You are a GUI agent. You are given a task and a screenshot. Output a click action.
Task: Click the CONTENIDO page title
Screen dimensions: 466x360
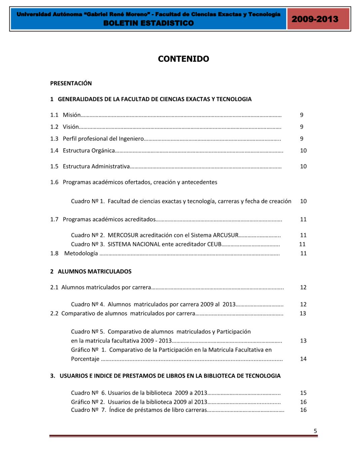tap(183, 59)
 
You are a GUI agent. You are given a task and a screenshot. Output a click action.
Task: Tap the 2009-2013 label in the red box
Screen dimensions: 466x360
tap(315, 19)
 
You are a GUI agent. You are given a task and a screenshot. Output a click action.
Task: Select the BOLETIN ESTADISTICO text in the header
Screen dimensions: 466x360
tap(149, 23)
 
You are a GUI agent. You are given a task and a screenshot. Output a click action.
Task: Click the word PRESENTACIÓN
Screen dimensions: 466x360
tap(71, 83)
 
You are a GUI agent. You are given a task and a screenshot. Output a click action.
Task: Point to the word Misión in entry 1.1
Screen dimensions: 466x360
tap(72, 115)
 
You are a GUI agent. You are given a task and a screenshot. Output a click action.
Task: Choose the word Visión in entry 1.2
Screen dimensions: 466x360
tap(71, 127)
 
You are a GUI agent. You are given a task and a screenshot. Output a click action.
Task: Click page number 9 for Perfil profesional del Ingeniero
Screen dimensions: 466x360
tap(302, 139)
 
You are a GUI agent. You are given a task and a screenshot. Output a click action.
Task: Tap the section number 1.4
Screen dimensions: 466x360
tap(54, 151)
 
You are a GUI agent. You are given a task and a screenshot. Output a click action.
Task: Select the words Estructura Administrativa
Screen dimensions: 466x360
tap(96, 166)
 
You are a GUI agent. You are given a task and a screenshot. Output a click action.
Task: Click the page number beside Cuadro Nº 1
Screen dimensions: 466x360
tap(303, 201)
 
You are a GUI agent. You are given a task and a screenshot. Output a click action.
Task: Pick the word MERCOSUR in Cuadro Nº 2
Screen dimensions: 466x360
tap(123, 235)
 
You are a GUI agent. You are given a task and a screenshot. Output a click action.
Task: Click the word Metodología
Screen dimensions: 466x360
tap(81, 253)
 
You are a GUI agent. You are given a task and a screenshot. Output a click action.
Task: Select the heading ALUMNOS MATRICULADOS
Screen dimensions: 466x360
tap(94, 272)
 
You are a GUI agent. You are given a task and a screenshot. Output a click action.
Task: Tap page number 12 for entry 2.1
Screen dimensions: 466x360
tap(303, 287)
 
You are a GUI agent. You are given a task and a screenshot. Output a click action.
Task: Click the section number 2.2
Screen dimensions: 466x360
tap(54, 314)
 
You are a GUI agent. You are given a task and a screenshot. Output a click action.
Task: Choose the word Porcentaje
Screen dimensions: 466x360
tap(85, 359)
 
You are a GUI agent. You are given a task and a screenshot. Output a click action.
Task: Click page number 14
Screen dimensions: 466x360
tap(303, 359)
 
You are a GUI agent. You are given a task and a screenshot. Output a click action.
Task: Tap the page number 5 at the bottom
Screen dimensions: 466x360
tap(315, 431)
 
